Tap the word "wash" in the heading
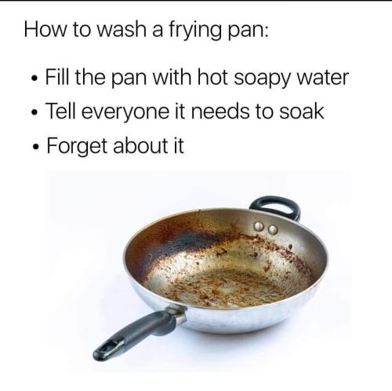(122, 30)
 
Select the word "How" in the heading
(45, 30)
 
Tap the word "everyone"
(125, 113)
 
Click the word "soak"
(302, 111)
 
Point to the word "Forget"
(77, 147)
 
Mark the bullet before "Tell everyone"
(34, 112)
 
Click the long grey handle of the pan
(139, 333)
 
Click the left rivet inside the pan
(259, 227)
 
